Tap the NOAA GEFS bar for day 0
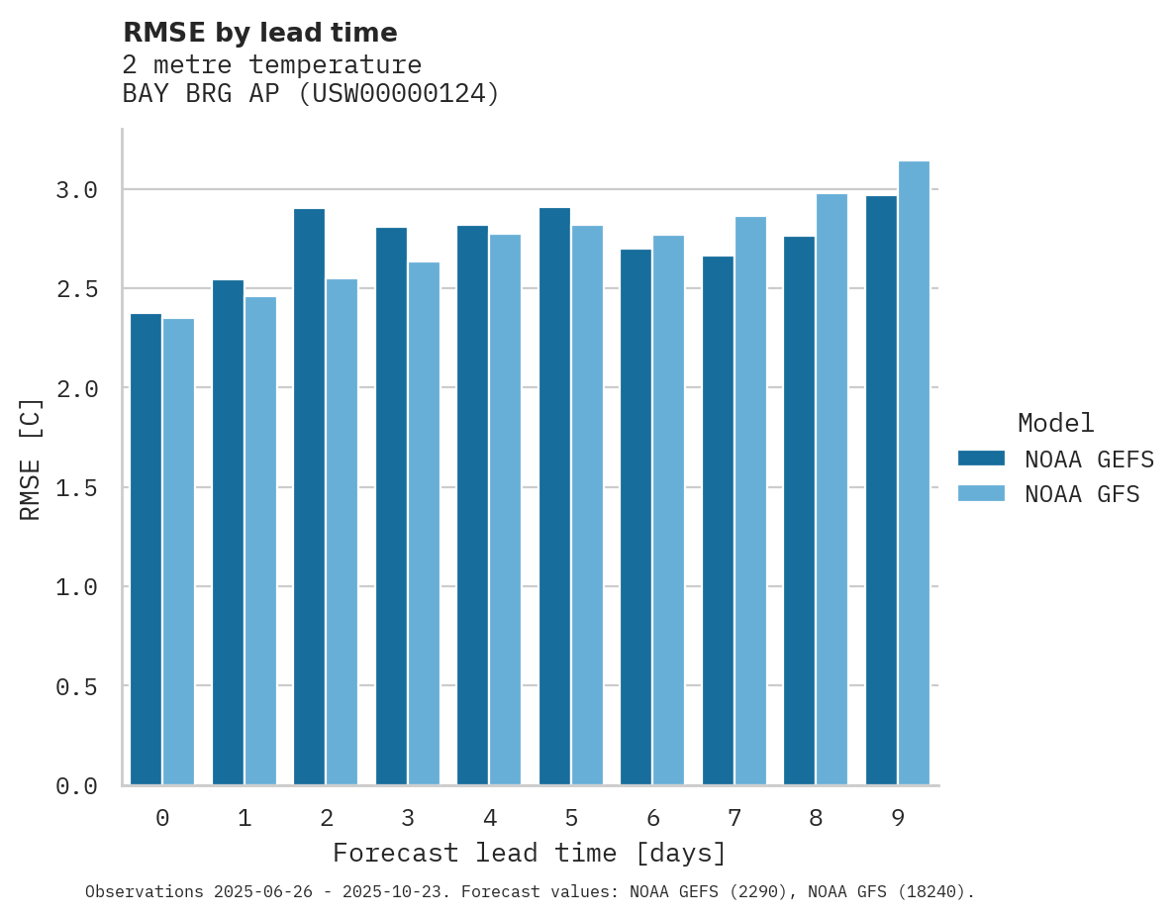point(146,550)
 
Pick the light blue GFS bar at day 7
point(750,501)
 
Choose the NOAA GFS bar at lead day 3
point(424,524)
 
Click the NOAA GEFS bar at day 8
point(799,511)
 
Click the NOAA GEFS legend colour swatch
point(981,459)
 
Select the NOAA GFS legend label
point(1082,494)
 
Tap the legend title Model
point(1056,423)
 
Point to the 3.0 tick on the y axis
point(76,189)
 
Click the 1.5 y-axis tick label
point(76,487)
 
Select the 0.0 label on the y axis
point(76,786)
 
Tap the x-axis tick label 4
point(490,819)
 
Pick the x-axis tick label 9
point(898,819)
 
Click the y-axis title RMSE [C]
point(31,459)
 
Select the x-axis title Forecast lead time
point(530,854)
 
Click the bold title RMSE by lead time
point(260,33)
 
